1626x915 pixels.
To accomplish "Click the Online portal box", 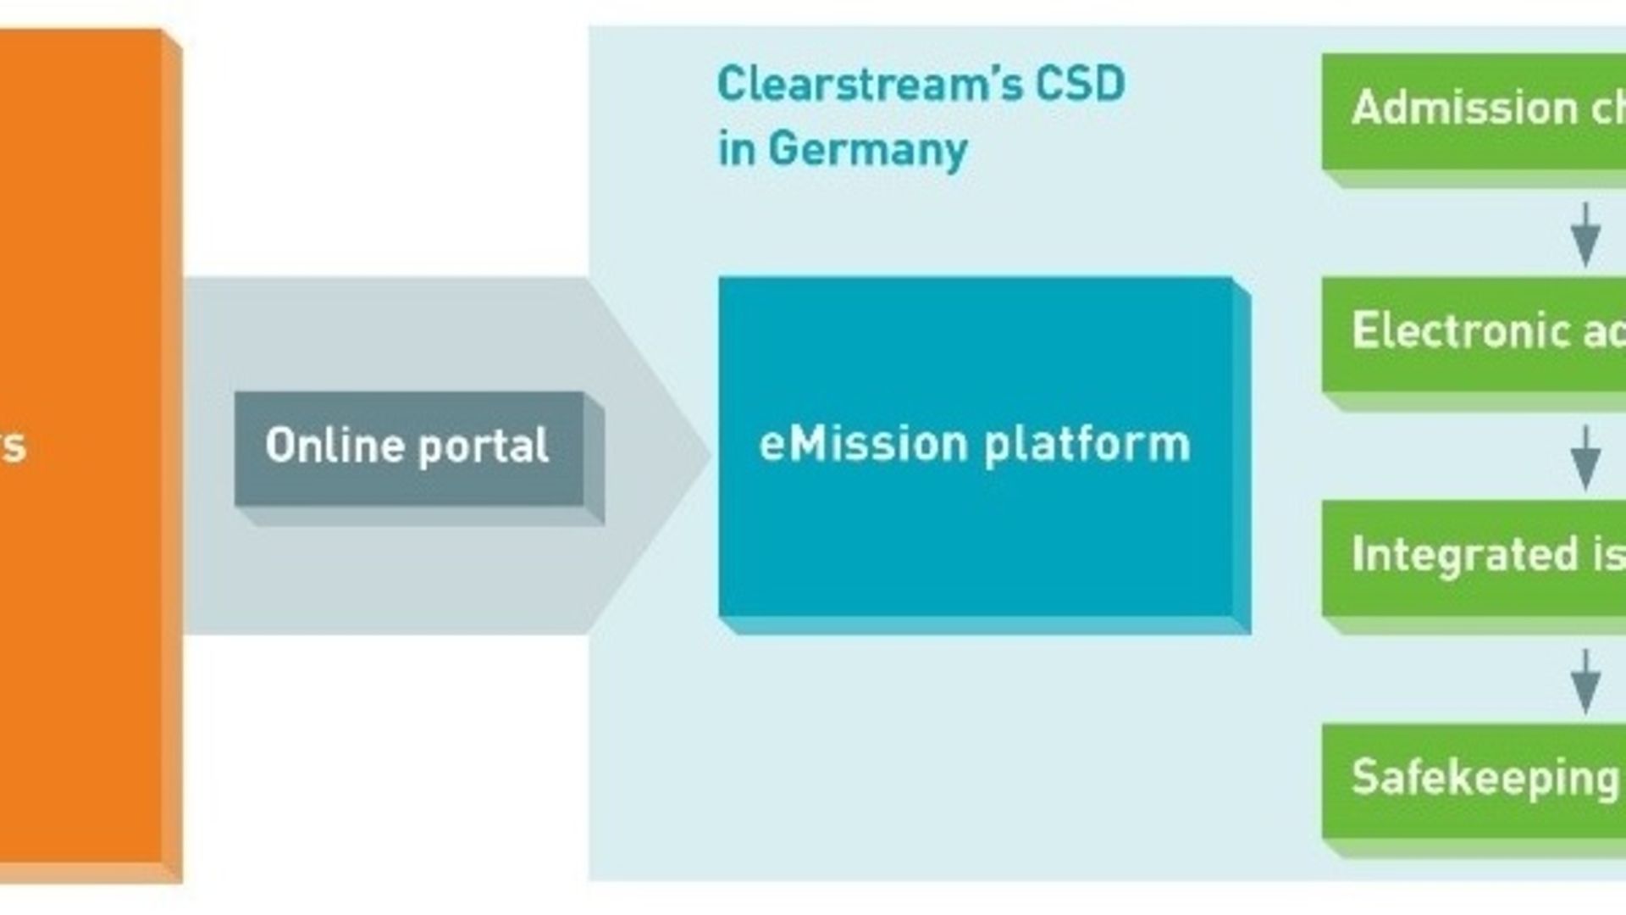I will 409,449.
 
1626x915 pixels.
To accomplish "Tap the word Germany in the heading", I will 867,150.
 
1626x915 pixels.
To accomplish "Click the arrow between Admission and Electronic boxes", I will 1585,235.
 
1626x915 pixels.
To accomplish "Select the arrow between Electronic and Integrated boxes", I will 1585,458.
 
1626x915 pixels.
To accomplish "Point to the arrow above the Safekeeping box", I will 1585,682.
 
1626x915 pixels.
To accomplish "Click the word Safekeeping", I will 1485,778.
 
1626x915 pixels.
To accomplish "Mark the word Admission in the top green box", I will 1464,108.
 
